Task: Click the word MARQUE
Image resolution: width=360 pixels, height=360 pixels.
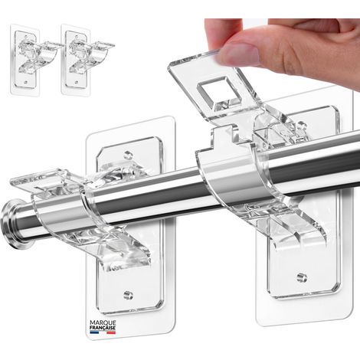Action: [x=103, y=323]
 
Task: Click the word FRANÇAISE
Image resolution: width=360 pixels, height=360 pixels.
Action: [x=103, y=328]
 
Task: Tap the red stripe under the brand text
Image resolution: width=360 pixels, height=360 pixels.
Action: [x=111, y=332]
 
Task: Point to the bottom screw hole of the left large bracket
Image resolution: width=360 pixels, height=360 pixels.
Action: [x=128, y=295]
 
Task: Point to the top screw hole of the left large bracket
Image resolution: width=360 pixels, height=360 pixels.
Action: [x=128, y=155]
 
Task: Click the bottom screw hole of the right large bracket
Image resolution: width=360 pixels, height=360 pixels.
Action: [x=302, y=277]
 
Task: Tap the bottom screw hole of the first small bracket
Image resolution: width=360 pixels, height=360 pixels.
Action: [x=25, y=83]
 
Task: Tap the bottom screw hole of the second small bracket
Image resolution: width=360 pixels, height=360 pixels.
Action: [x=76, y=83]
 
